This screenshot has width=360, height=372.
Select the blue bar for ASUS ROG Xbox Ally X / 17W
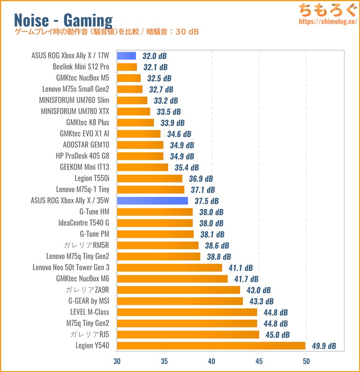click(x=126, y=56)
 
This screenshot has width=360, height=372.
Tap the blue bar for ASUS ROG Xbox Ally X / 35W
click(x=153, y=201)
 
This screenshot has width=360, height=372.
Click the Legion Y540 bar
click(x=211, y=346)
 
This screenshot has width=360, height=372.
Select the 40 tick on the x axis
click(x=211, y=361)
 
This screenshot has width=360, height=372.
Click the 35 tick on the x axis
click(x=164, y=361)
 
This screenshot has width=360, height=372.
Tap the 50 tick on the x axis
click(x=306, y=361)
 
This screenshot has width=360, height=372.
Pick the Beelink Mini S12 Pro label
click(x=81, y=67)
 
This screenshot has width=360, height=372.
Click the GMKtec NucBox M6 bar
click(x=172, y=279)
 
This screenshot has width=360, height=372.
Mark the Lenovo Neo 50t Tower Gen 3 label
click(x=71, y=268)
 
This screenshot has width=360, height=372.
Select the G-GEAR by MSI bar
click(x=180, y=301)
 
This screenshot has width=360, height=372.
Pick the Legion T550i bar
click(x=150, y=179)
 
